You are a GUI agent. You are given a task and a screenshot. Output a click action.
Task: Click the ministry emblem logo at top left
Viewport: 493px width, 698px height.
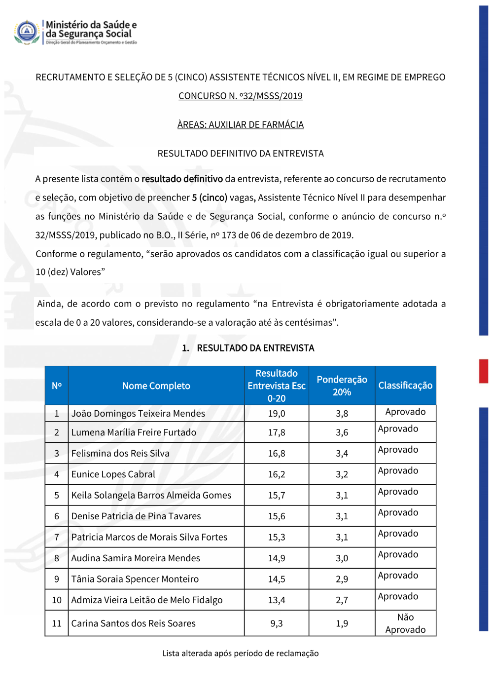tap(27, 32)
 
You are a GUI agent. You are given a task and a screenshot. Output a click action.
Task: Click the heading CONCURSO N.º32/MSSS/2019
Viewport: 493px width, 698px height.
tap(240, 96)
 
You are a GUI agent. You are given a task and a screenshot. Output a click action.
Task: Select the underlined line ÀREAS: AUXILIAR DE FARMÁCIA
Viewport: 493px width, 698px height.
tap(240, 124)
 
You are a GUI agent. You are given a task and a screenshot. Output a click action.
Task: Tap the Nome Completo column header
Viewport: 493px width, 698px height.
tap(156, 386)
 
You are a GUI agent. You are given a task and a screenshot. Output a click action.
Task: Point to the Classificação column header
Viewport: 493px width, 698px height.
tap(405, 386)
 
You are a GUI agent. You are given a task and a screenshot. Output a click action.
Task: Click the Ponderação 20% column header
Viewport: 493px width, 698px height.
tap(342, 386)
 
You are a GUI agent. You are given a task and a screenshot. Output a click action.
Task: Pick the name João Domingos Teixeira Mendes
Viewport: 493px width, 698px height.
tap(138, 414)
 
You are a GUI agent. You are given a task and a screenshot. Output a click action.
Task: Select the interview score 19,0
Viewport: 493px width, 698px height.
tap(277, 414)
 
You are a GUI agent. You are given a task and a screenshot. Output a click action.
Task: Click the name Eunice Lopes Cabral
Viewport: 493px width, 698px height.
tap(113, 474)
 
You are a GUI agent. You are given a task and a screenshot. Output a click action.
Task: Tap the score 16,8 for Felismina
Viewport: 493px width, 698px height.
tap(277, 454)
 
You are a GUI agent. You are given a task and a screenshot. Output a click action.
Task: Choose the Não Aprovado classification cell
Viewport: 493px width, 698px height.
tap(405, 623)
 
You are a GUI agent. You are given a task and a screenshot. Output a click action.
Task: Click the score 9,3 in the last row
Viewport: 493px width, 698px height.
tap(277, 624)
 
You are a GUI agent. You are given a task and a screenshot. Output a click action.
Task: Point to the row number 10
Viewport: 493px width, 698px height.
tap(57, 600)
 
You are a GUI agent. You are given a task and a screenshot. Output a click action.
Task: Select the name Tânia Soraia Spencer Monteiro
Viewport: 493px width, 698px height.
tap(135, 579)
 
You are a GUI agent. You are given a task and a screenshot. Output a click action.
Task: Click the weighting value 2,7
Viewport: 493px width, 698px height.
tap(342, 600)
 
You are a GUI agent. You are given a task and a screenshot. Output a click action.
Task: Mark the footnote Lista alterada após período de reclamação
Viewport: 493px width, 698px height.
tap(241, 654)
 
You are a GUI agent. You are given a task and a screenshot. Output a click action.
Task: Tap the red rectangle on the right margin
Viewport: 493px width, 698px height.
tap(483, 371)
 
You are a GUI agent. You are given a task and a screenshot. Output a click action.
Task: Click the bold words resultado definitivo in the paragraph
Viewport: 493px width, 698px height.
tap(182, 179)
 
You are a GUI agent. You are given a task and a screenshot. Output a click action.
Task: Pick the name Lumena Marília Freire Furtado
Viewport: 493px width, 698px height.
tap(134, 432)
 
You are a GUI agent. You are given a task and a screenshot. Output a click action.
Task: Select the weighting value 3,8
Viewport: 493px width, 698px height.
tap(342, 414)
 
